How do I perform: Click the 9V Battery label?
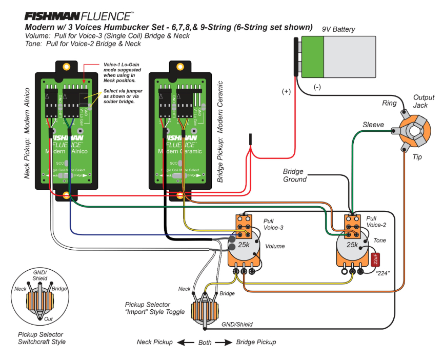pyautogui.click(x=338, y=30)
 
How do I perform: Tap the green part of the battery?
pyautogui.click(x=313, y=57)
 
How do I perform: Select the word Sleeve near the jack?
pyautogui.click(x=373, y=125)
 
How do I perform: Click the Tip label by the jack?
pyautogui.click(x=417, y=157)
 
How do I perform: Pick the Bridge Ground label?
pyautogui.click(x=295, y=175)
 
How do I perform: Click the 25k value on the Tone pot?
pyautogui.click(x=352, y=245)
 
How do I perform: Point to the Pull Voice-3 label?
pyautogui.click(x=273, y=224)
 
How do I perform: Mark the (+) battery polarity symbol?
pyautogui.click(x=286, y=92)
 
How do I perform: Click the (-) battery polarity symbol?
pyautogui.click(x=316, y=87)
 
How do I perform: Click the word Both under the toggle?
pyautogui.click(x=205, y=342)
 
